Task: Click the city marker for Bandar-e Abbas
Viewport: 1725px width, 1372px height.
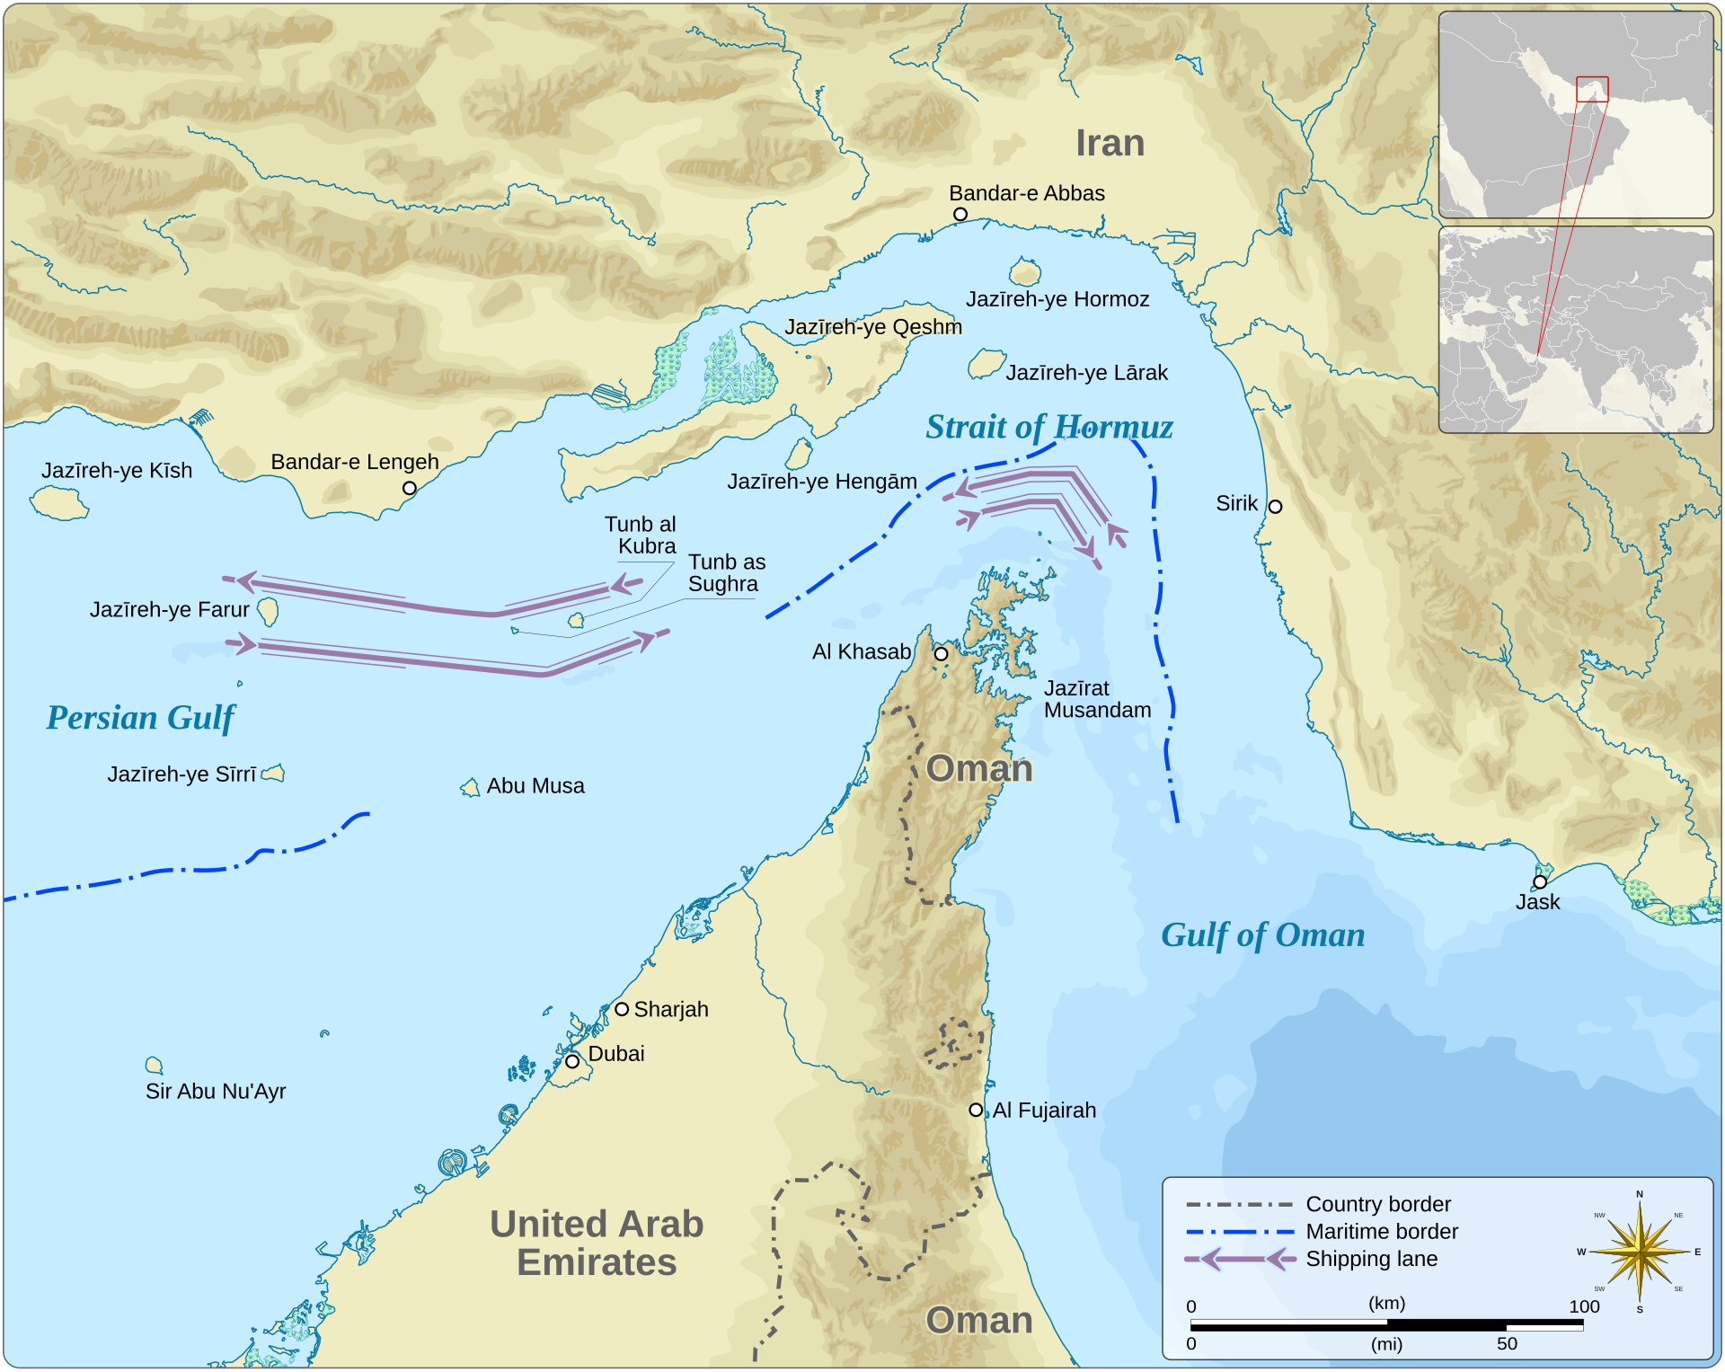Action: click(960, 214)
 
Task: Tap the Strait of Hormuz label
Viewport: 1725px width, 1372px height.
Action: click(1048, 427)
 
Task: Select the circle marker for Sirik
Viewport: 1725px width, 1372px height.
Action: click(1275, 507)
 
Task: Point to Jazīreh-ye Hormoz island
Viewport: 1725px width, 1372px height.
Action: click(1025, 272)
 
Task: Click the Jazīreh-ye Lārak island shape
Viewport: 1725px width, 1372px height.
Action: click(986, 364)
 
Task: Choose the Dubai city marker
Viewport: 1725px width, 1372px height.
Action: click(572, 1061)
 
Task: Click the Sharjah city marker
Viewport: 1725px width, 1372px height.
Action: click(622, 1009)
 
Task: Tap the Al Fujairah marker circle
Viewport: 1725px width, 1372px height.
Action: click(976, 1110)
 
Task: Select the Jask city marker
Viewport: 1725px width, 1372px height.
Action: click(1540, 881)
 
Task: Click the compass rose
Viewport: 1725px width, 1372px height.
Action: click(1641, 1251)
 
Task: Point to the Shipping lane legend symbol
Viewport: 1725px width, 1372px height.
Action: click(1240, 1259)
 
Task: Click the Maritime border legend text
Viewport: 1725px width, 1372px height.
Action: click(1382, 1232)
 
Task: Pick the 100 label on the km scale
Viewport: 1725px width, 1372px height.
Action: click(1584, 1306)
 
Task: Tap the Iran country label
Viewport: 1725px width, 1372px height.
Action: click(1110, 144)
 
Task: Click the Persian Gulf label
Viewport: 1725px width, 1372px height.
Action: click(140, 718)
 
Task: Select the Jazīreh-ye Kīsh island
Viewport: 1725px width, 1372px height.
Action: click(60, 503)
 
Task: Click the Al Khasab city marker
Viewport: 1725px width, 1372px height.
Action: click(941, 654)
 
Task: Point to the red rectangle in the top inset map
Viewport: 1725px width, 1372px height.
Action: click(1592, 89)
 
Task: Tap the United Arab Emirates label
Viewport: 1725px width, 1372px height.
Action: click(597, 1243)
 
